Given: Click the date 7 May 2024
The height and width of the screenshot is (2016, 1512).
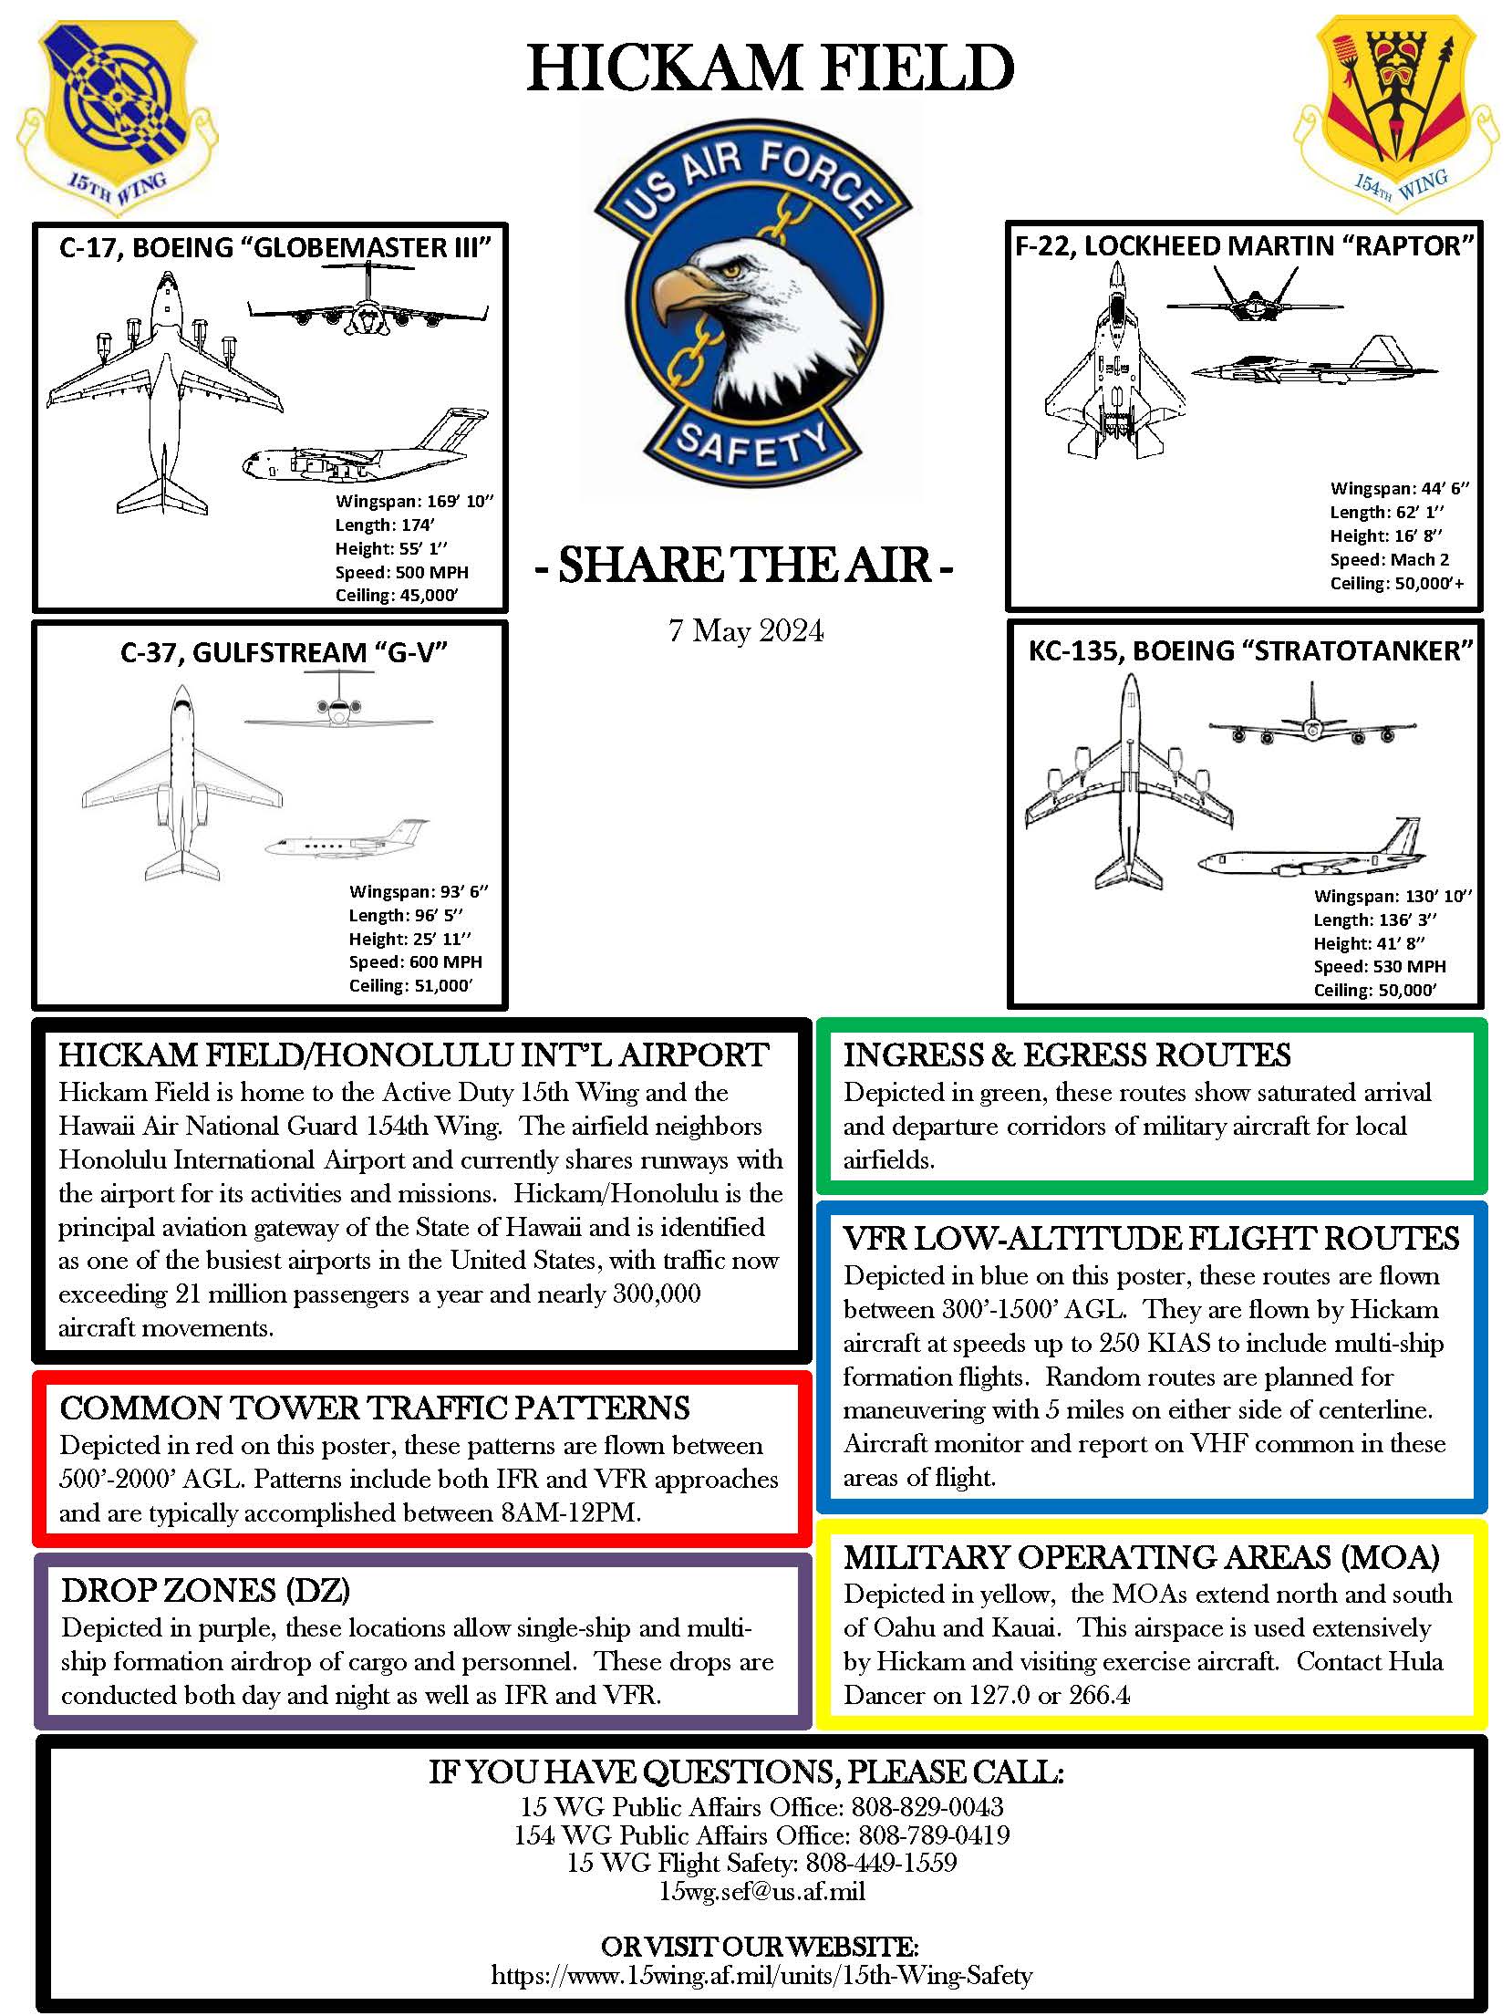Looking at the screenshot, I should point(746,631).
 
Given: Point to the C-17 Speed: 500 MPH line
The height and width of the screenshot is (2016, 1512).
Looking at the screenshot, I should point(401,573).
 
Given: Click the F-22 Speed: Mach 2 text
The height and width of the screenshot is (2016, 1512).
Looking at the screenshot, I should point(1389,560).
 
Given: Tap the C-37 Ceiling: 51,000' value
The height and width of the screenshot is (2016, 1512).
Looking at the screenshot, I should point(410,986).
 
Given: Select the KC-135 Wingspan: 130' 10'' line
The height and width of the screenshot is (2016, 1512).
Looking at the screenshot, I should point(1393,897).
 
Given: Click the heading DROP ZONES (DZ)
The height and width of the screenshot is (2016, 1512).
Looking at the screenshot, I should point(206,1591).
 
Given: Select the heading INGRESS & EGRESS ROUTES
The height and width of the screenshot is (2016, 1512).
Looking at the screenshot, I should point(1066,1055).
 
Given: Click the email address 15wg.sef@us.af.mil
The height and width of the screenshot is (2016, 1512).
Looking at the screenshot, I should point(761,1891).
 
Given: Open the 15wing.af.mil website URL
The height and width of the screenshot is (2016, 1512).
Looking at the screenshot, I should point(761,1976).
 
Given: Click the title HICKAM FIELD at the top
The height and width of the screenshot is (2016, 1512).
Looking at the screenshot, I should point(771,68).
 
